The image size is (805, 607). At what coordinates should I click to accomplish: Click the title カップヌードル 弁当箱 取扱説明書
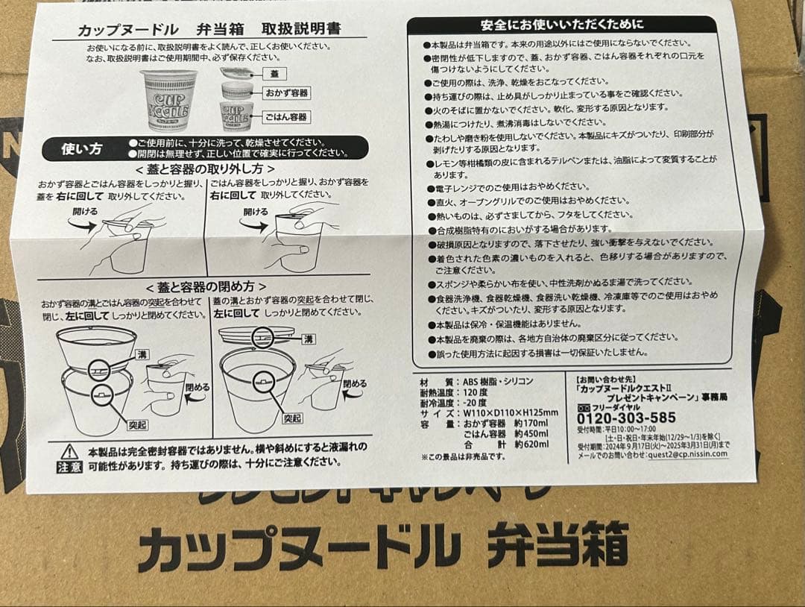[x=209, y=29]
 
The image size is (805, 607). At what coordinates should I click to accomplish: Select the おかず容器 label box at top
[x=287, y=94]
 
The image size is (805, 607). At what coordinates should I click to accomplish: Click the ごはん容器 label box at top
[x=287, y=117]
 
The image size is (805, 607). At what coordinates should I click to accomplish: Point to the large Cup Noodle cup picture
[x=169, y=101]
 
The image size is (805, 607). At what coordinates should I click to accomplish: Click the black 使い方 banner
[x=82, y=148]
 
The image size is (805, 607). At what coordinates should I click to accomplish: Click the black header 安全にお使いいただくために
[x=562, y=25]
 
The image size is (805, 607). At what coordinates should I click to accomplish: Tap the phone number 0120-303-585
[x=626, y=418]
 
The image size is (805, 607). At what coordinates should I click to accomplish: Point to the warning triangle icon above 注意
[x=69, y=451]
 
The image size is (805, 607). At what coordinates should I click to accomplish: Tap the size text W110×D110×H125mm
[x=510, y=413]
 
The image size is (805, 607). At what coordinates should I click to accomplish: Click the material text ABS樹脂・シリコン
[x=499, y=381]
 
